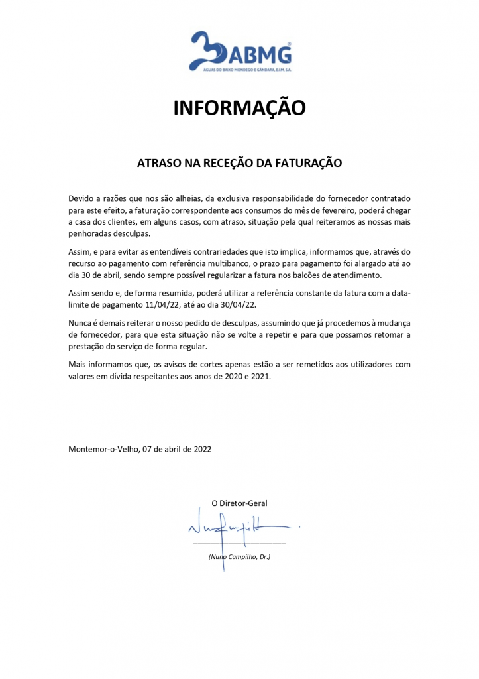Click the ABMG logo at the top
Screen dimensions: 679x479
point(239,52)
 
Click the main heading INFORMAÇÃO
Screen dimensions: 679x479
point(239,107)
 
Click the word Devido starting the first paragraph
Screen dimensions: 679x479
point(82,198)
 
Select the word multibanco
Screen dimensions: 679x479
point(246,263)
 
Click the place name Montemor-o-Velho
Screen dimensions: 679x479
point(103,449)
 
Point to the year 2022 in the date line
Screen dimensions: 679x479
point(202,449)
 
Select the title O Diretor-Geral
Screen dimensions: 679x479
point(239,503)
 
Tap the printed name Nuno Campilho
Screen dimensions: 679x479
point(232,557)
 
